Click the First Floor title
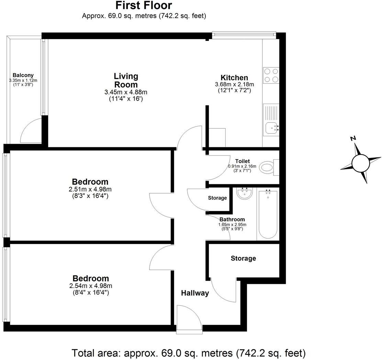(144, 6)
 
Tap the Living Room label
(126, 80)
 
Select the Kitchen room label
(234, 78)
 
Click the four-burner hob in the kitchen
(271, 76)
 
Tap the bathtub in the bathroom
(268, 214)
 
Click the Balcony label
(23, 75)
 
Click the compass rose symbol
(359, 162)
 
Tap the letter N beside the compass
(352, 138)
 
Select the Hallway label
(195, 293)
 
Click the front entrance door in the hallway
(189, 319)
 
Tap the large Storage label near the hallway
(243, 258)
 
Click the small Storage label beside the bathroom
(217, 198)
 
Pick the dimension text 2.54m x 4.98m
(91, 286)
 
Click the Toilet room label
(243, 161)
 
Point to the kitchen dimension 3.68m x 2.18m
(234, 84)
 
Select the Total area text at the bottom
(189, 353)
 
